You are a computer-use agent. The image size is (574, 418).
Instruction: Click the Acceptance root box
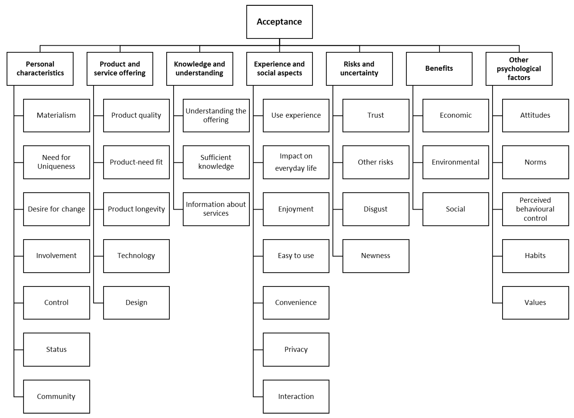[x=279, y=22]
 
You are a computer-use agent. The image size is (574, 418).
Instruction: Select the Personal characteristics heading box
[x=40, y=69]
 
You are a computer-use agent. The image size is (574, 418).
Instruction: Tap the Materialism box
[x=56, y=115]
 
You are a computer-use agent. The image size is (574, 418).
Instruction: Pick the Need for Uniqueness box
[x=56, y=162]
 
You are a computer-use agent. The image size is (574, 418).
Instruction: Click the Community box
[x=56, y=396]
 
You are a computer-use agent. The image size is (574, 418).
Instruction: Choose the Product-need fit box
[x=136, y=162]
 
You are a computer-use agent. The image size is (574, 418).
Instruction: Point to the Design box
[x=136, y=303]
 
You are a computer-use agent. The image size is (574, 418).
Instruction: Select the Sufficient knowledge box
[x=216, y=162]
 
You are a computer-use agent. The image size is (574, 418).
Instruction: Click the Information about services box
[x=216, y=209]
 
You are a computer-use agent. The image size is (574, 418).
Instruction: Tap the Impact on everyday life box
[x=296, y=162]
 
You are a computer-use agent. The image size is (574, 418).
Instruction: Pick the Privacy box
[x=296, y=349]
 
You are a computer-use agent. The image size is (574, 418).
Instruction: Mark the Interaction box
[x=296, y=396]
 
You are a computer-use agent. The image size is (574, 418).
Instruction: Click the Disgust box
[x=375, y=209]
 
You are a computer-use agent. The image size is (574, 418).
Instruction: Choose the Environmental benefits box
[x=455, y=162]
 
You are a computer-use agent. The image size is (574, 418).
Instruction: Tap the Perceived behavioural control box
[x=535, y=209]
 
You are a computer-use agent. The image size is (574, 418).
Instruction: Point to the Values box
[x=535, y=303]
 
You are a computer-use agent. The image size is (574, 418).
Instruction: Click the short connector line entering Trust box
[x=338, y=116]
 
